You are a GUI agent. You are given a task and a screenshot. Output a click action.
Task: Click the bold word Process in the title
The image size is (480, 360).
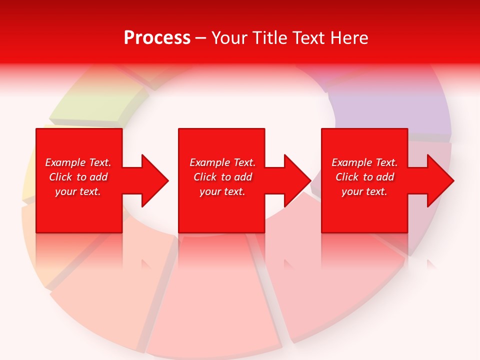157,38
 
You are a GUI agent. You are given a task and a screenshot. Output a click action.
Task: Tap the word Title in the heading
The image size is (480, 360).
269,38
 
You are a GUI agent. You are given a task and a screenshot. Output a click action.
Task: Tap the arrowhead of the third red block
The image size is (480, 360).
439,180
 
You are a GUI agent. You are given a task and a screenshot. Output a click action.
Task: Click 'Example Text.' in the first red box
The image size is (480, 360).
78,162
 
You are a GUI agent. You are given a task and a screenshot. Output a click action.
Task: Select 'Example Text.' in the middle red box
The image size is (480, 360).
222,162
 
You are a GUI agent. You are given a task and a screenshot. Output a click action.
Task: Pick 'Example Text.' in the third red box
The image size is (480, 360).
364,162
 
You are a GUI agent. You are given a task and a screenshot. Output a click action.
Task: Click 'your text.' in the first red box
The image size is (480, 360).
78,191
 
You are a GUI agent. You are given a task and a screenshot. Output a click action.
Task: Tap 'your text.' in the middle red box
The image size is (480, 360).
222,191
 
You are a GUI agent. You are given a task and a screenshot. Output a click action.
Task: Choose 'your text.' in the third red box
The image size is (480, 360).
364,191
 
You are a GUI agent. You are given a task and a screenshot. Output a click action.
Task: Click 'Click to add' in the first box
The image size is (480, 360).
78,177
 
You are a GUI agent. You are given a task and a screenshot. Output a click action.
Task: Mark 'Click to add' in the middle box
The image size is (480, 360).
222,177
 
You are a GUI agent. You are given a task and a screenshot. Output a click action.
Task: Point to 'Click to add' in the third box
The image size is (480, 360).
364,177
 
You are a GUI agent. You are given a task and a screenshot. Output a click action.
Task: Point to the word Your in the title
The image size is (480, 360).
230,38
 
